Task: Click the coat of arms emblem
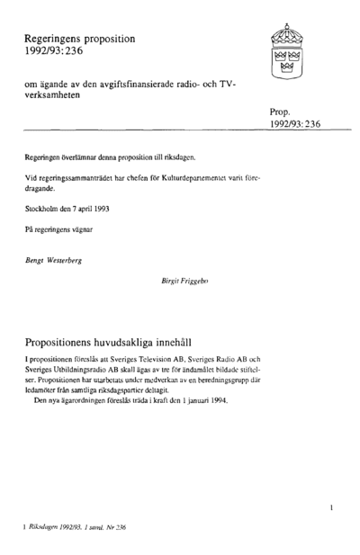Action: pos(283,54)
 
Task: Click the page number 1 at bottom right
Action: pos(331,509)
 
